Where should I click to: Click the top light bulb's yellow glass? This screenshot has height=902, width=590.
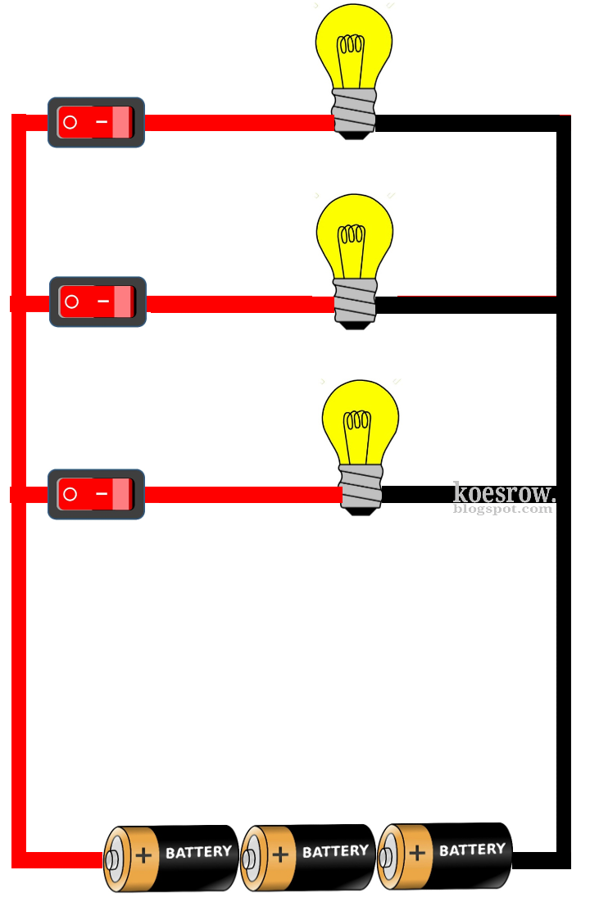coord(354,45)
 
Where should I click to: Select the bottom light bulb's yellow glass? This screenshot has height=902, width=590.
coord(360,422)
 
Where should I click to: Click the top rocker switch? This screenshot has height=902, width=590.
coord(96,122)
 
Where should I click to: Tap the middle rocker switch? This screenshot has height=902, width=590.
coord(98,301)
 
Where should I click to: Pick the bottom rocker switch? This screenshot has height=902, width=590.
coord(96,494)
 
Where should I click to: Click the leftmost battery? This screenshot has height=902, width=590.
coord(171,858)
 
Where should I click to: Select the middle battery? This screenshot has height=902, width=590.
coord(308,857)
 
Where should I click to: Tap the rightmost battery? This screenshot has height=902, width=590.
coord(445,855)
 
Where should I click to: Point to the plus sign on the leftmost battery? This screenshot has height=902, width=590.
coord(143,856)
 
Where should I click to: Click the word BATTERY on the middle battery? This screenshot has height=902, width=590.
coord(335,852)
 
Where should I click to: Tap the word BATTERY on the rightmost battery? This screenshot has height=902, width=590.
coord(472,850)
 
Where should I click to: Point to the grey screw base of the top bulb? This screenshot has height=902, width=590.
coord(353,111)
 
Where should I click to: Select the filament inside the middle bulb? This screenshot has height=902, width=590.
coord(353,235)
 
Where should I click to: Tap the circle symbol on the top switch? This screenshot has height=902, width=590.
coord(70,122)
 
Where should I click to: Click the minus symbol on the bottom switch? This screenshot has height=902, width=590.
coord(102,494)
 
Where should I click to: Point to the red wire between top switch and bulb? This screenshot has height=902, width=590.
coord(238,123)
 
